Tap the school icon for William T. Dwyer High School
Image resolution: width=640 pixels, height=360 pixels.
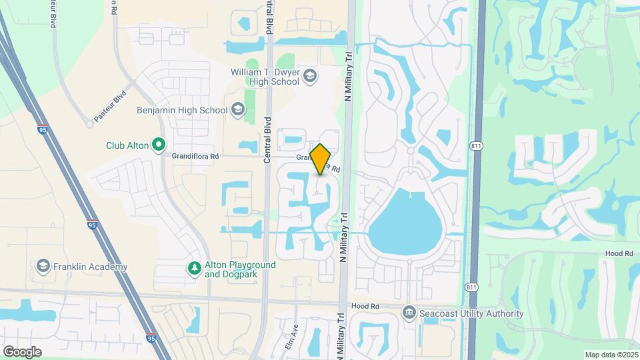(309, 77)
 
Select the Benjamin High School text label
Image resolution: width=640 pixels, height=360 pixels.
(181, 110)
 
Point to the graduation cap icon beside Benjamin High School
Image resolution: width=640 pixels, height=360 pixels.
(238, 110)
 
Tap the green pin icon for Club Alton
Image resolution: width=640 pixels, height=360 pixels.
(159, 144)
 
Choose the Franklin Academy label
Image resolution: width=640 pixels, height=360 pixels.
(91, 267)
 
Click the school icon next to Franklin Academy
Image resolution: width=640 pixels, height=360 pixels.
(44, 267)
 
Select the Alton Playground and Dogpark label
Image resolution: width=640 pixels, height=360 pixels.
(240, 269)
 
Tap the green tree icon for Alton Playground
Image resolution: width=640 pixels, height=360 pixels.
(194, 269)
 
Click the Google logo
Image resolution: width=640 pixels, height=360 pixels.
(22, 351)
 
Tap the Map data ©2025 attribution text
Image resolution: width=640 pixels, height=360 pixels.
(611, 355)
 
